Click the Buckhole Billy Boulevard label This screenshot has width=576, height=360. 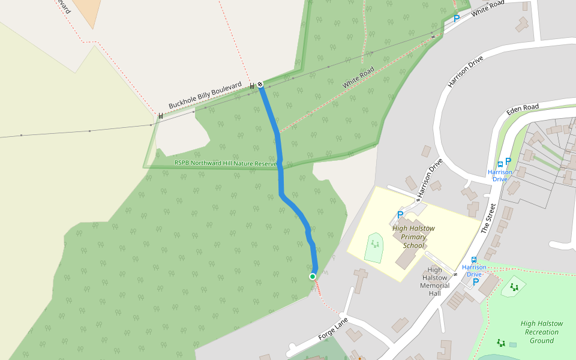click(x=205, y=95)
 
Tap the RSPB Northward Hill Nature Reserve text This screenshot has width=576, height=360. click(x=225, y=163)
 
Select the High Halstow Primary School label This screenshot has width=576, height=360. click(x=413, y=236)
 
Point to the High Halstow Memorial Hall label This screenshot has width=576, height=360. click(x=435, y=281)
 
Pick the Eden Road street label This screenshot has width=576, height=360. click(x=523, y=109)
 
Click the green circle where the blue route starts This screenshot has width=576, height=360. click(x=313, y=276)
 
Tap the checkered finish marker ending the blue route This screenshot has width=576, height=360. click(x=260, y=85)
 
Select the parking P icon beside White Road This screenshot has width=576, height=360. click(x=456, y=19)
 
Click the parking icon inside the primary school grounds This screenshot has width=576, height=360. click(x=400, y=215)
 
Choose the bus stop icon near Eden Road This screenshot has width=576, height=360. click(x=500, y=164)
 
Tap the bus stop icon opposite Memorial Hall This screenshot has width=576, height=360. click(x=474, y=260)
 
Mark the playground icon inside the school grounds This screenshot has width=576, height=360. click(x=375, y=244)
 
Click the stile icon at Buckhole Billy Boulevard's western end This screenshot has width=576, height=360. click(x=161, y=115)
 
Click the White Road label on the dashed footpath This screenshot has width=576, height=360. click(x=358, y=78)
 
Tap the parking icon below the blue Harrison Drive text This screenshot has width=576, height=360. click(x=476, y=281)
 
